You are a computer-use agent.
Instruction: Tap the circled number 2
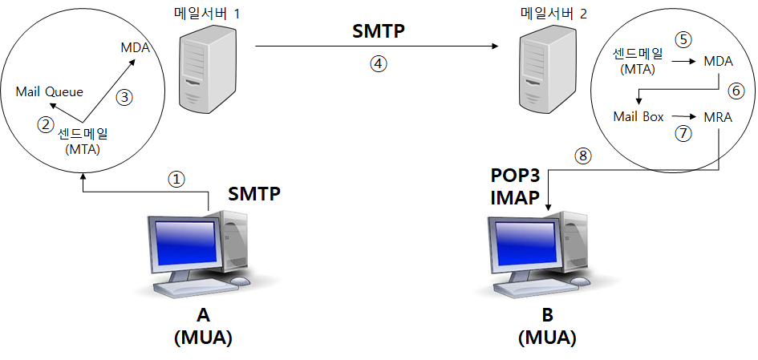coord(45,124)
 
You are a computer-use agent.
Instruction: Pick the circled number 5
coord(683,39)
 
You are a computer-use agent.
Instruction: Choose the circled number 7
coord(683,134)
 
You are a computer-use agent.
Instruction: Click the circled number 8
coord(584,157)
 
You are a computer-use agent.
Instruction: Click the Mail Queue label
coord(49,91)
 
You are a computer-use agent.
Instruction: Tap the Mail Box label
coord(638,117)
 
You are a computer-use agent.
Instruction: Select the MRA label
coord(718,117)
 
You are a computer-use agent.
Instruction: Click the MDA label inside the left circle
coord(136,47)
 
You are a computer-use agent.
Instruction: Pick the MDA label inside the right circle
coord(718,60)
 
